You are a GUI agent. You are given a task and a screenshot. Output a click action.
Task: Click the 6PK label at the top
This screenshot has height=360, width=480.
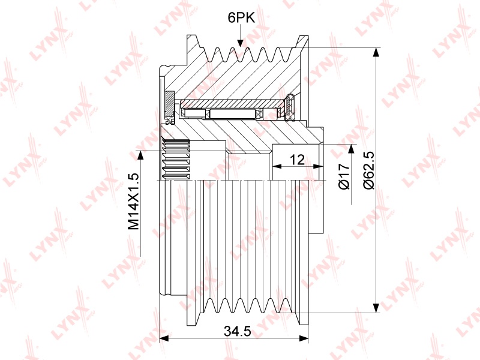coord(241,18)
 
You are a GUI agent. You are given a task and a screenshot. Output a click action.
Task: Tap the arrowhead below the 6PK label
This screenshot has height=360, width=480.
coord(241,43)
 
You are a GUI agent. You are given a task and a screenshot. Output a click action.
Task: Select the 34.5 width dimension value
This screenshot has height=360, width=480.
coord(237,331)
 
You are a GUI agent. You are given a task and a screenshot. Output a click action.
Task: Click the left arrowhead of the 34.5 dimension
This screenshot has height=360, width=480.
coord(164,338)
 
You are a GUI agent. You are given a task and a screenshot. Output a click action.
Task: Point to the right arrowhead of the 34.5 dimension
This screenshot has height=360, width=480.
coord(304,338)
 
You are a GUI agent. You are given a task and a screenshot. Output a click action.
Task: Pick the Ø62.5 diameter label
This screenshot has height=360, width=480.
coord(368,170)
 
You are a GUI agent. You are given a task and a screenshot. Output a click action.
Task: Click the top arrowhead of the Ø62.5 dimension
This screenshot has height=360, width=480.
coord(376,52)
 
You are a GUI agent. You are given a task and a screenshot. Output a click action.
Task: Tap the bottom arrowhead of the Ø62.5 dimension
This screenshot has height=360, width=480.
coord(376,308)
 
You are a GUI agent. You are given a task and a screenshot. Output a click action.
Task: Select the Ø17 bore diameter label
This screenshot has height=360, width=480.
coord(344,176)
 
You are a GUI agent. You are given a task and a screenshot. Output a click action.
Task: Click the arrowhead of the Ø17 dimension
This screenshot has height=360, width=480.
coord(351,149)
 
